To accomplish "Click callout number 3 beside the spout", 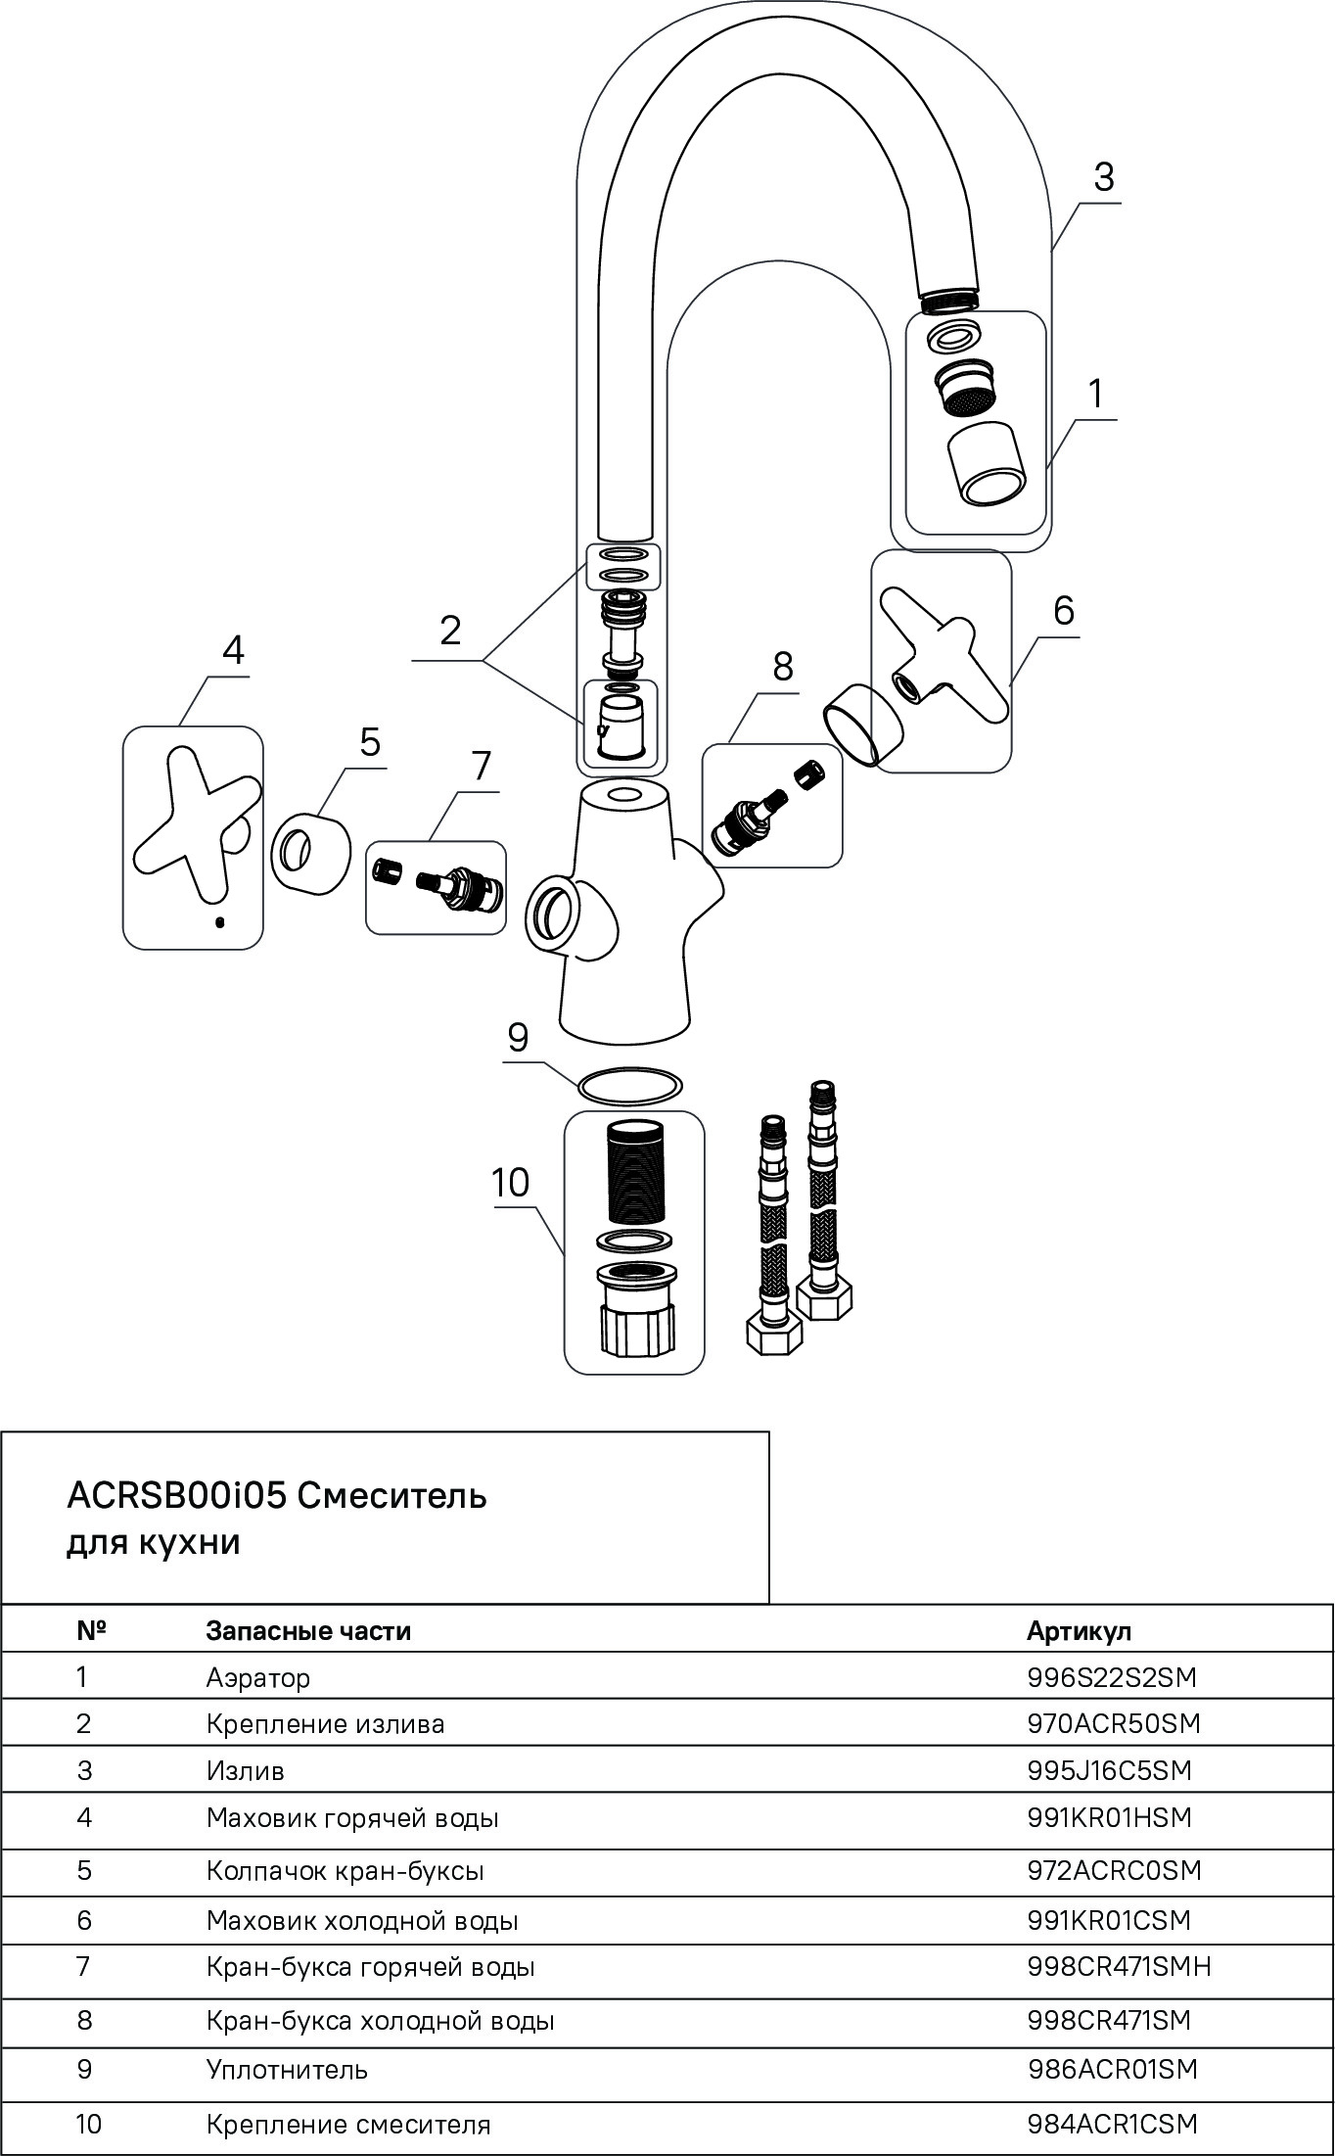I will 1103,177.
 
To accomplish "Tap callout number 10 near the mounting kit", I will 510,1182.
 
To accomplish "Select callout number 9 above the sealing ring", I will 518,1036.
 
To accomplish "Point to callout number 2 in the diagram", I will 450,631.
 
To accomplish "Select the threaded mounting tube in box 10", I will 633,1174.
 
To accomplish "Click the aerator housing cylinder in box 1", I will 987,464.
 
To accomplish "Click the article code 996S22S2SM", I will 1112,1677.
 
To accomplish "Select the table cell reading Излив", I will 246,1770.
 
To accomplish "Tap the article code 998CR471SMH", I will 1120,1966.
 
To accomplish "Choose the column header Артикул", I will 1079,1631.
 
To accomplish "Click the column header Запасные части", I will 308,1631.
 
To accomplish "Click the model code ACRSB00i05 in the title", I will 176,1496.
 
